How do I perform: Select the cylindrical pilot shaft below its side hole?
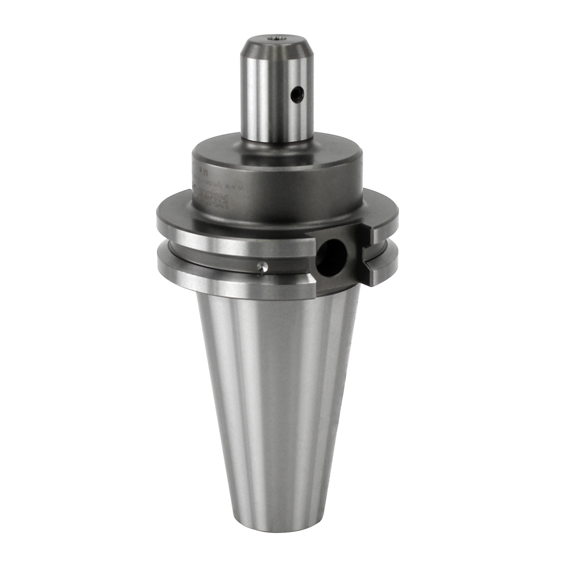[x=276, y=122]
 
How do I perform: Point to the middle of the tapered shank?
[x=279, y=398]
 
